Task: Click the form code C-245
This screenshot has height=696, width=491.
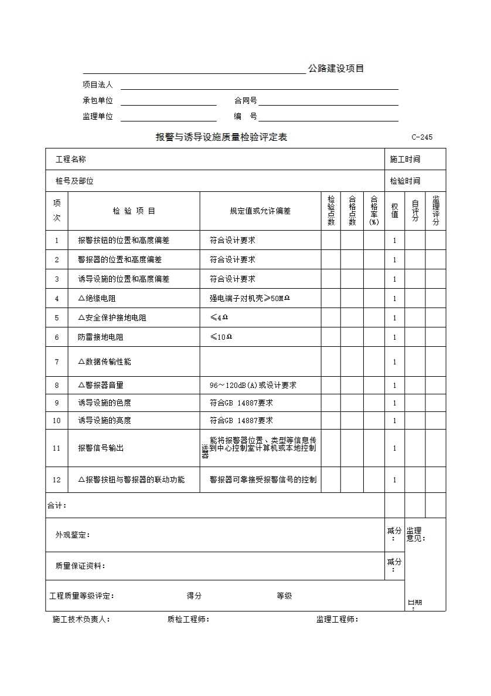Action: pyautogui.click(x=422, y=137)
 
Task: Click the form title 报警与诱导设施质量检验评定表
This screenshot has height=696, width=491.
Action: pyautogui.click(x=221, y=137)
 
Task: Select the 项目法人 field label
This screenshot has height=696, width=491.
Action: pyautogui.click(x=98, y=85)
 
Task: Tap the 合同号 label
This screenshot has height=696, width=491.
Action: pyautogui.click(x=245, y=101)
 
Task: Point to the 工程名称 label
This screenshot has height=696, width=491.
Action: pyautogui.click(x=71, y=159)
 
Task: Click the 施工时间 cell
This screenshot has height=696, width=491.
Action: pyautogui.click(x=405, y=159)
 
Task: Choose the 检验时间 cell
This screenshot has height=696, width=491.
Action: pyautogui.click(x=405, y=181)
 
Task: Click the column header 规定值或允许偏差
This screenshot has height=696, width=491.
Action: pyautogui.click(x=260, y=211)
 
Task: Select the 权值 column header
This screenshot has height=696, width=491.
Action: pyautogui.click(x=395, y=211)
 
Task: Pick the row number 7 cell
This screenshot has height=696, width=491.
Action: pyautogui.click(x=57, y=361)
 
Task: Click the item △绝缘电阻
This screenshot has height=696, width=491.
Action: pyautogui.click(x=97, y=298)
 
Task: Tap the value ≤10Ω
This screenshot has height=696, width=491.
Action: pyautogui.click(x=221, y=337)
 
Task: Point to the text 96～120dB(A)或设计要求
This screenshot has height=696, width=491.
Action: pyautogui.click(x=253, y=385)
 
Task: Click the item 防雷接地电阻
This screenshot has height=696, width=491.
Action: pyautogui.click(x=101, y=337)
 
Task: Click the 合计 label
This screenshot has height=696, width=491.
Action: pyautogui.click(x=57, y=505)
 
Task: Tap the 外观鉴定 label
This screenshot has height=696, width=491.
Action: pyautogui.click(x=73, y=535)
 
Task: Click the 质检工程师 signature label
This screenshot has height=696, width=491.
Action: pyautogui.click(x=188, y=619)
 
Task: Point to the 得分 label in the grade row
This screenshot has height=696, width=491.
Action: pyautogui.click(x=194, y=596)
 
